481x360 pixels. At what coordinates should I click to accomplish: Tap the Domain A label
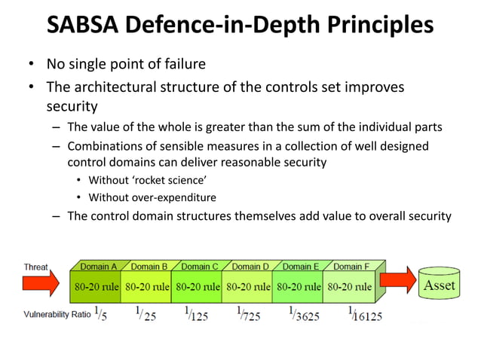[97, 266]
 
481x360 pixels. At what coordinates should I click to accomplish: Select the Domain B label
[149, 266]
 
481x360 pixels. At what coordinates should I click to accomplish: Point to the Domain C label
[200, 266]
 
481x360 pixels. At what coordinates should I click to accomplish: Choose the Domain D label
[250, 266]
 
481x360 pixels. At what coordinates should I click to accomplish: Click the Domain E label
[301, 266]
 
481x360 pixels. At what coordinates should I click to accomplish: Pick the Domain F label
[351, 266]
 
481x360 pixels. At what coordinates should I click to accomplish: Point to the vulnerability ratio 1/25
[146, 314]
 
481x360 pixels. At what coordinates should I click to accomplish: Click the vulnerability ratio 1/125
[196, 314]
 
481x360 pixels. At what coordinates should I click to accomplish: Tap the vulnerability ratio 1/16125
[365, 315]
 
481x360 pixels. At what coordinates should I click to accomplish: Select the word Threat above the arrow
[36, 266]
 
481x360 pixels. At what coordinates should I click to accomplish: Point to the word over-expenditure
[179, 197]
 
